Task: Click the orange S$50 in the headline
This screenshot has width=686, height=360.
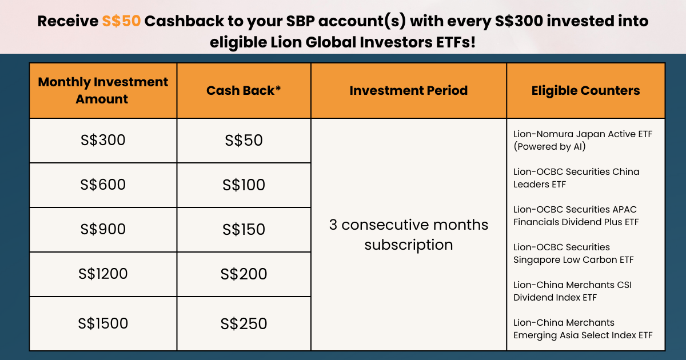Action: click(121, 21)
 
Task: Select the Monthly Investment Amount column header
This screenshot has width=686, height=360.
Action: click(103, 90)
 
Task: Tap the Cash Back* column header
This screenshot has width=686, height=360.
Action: click(244, 90)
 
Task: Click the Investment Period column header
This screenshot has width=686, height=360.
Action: click(409, 90)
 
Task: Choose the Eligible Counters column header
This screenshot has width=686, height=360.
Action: click(585, 90)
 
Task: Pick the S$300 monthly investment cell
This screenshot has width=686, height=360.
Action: click(103, 140)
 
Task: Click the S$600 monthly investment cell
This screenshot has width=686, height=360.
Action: click(103, 185)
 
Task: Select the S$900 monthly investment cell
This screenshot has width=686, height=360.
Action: click(103, 229)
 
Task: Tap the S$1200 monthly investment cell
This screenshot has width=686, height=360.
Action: click(103, 274)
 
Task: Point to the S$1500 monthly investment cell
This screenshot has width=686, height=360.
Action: click(103, 323)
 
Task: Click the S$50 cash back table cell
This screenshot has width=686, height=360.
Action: click(244, 140)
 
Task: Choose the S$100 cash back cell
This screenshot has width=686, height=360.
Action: click(244, 185)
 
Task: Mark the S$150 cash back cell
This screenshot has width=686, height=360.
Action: click(244, 229)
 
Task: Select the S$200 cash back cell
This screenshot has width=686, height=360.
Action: click(244, 274)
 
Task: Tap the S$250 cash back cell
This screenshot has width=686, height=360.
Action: click(244, 324)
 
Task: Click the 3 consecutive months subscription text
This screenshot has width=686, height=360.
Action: click(409, 235)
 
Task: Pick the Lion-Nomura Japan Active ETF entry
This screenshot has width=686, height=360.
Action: click(583, 140)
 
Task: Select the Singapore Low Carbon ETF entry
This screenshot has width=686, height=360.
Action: click(573, 254)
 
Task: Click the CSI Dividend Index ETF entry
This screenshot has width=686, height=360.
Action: click(572, 291)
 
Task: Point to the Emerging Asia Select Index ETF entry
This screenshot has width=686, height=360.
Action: click(583, 329)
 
